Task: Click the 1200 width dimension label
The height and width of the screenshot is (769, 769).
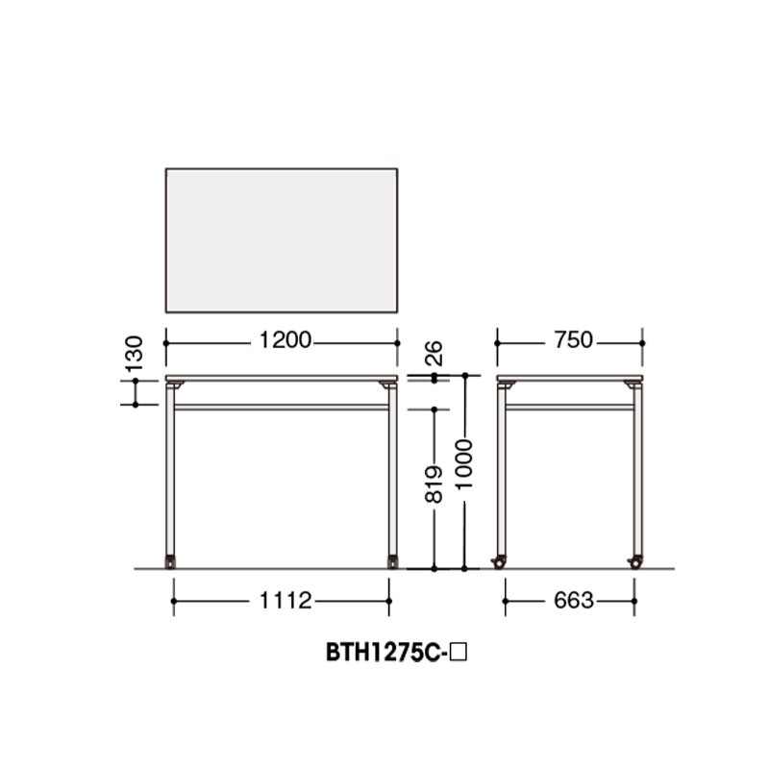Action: tap(285, 340)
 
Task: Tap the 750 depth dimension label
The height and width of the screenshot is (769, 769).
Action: tap(573, 340)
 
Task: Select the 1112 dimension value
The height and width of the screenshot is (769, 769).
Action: tap(285, 600)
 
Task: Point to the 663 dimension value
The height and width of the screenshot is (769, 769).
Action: tap(573, 600)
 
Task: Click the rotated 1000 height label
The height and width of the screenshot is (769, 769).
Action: tap(464, 463)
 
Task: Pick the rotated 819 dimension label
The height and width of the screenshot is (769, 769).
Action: tap(434, 484)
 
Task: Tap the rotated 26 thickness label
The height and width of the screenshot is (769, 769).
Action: tap(434, 353)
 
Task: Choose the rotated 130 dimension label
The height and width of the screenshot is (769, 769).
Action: tap(134, 353)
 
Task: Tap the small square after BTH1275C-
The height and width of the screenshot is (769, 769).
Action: tap(459, 653)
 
